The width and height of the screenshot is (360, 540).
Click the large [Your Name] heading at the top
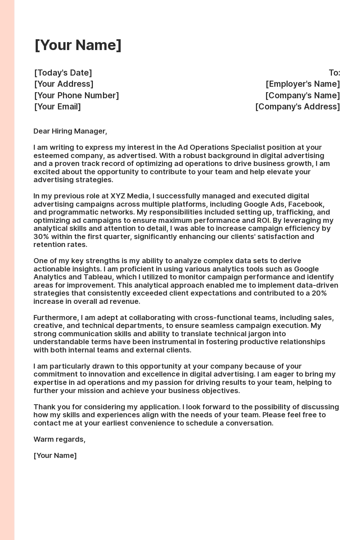pos(78,45)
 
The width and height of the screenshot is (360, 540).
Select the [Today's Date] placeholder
pos(63,73)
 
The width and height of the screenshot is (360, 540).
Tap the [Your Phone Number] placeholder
pos(76,95)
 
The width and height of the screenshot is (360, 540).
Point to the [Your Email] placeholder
pos(58,107)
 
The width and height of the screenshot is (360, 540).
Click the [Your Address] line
pos(64,84)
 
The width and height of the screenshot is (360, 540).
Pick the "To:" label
pos(334,73)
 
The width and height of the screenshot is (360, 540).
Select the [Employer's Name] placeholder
pos(303,84)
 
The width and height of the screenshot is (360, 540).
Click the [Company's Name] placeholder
pos(302,95)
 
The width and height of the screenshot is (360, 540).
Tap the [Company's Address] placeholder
pos(297,107)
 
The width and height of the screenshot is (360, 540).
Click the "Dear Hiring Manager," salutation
pos(70,131)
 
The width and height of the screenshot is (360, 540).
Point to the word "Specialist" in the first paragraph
pos(248,147)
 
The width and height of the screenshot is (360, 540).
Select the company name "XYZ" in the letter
pos(118,196)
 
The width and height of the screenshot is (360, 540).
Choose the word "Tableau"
pos(97,277)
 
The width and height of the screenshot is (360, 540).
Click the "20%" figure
pos(319,293)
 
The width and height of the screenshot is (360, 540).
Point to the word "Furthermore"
pos(56,318)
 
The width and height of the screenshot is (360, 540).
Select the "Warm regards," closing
pos(59,439)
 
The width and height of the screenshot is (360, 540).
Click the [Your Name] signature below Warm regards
pos(55,455)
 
